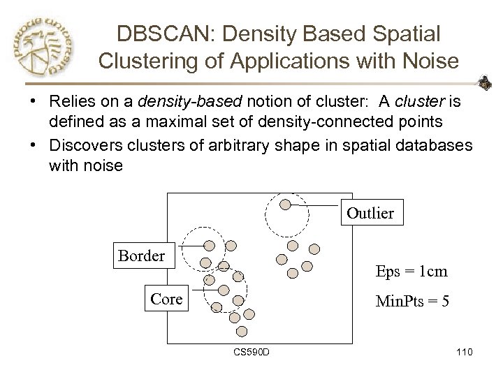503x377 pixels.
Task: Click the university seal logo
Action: [43, 47]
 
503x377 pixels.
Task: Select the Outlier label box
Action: [370, 212]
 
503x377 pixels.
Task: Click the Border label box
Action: [142, 256]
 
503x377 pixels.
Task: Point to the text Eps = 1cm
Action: [411, 271]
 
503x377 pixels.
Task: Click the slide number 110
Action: [462, 350]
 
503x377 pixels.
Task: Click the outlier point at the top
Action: [285, 205]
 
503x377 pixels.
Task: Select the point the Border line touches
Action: [210, 244]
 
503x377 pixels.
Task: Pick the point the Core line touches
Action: [224, 289]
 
